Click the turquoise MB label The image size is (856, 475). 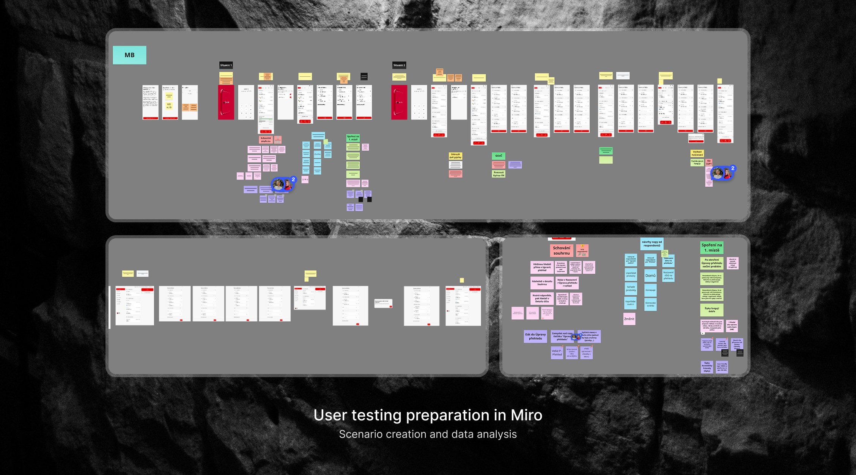pyautogui.click(x=129, y=55)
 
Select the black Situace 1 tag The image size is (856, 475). pyautogui.click(x=226, y=65)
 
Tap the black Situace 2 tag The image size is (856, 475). pyautogui.click(x=399, y=65)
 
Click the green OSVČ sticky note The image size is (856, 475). pyautogui.click(x=498, y=156)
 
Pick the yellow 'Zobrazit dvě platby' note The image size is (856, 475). pyautogui.click(x=455, y=156)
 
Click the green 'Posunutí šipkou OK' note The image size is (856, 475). pyautogui.click(x=499, y=174)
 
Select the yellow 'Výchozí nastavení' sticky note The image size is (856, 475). pyautogui.click(x=697, y=153)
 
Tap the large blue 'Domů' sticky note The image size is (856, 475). pyautogui.click(x=650, y=276)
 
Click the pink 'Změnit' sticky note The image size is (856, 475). pyautogui.click(x=629, y=319)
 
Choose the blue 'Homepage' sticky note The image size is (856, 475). pyautogui.click(x=650, y=290)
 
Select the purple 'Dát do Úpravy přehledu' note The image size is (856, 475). pyautogui.click(x=535, y=337)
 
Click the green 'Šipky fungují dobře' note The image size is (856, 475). pyautogui.click(x=711, y=310)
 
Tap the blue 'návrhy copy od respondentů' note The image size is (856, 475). pyautogui.click(x=651, y=244)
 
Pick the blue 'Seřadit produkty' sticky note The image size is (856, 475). pyautogui.click(x=631, y=289)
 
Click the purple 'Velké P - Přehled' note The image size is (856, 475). pyautogui.click(x=557, y=353)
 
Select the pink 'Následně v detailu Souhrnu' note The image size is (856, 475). pyautogui.click(x=542, y=283)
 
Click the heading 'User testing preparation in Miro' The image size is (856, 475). pyautogui.click(x=428, y=415)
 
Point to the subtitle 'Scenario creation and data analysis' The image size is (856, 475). pyautogui.click(x=428, y=434)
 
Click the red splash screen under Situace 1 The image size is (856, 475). pyautogui.click(x=226, y=102)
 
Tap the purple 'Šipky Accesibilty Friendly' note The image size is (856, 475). pyautogui.click(x=707, y=367)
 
